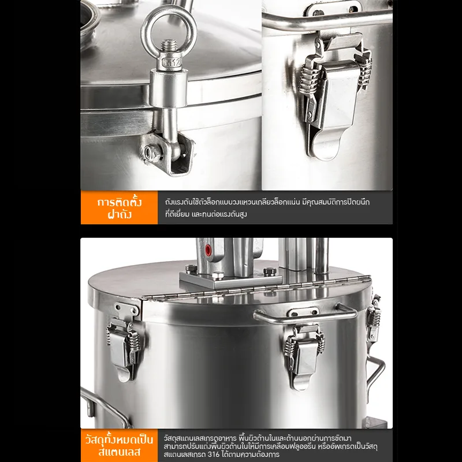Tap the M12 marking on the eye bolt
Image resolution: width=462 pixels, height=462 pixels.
172,62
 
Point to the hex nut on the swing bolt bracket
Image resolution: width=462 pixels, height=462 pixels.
150,152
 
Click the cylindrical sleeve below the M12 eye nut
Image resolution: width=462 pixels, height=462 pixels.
168,88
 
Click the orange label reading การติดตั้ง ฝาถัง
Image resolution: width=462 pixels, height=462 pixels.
120,208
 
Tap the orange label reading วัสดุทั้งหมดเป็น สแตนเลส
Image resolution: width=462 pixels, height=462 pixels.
120,445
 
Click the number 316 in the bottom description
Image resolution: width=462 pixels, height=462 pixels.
213,454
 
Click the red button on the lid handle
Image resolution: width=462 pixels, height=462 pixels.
208,250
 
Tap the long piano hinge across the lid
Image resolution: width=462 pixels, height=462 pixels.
256,288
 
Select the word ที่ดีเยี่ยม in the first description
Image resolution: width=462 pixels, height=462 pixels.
177,214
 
